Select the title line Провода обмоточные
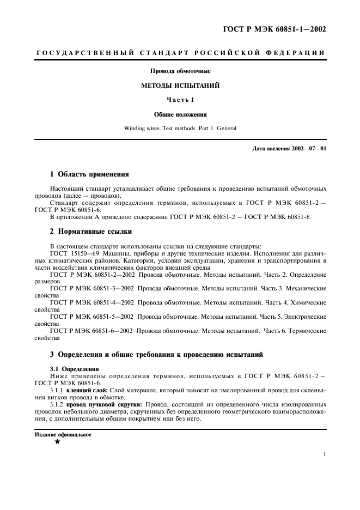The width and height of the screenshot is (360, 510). click(x=180, y=71)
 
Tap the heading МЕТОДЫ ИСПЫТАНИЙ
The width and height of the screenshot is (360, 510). click(x=180, y=86)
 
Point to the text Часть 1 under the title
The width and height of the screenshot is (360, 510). click(x=180, y=100)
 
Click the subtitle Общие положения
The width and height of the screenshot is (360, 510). click(x=180, y=114)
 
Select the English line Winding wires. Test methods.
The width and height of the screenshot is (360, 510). click(x=180, y=129)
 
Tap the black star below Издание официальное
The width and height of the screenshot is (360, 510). click(x=57, y=442)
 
